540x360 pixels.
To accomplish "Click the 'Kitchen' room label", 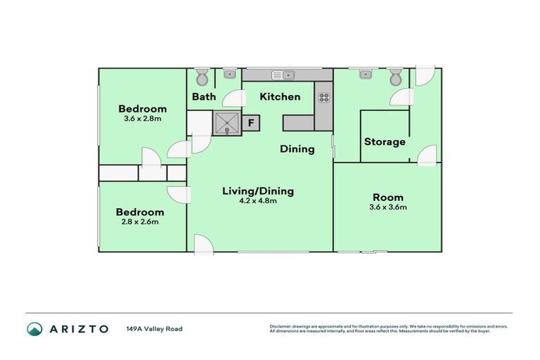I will tap(281, 97).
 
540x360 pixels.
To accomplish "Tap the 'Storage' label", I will tap(385, 142).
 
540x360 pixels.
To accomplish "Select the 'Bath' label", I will tap(204, 97).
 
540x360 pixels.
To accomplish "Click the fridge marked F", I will tap(251, 123).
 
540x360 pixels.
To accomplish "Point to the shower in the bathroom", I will tap(227, 123).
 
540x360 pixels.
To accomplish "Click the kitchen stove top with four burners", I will tap(325, 98).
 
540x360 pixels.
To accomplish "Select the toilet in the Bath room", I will tap(201, 75).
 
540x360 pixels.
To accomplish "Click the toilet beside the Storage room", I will tap(396, 75).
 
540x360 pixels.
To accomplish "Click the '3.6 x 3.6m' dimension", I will tap(388, 207).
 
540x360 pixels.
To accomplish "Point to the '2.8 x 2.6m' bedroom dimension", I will tap(140, 222).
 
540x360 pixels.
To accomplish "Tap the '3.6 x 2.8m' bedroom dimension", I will tap(143, 119).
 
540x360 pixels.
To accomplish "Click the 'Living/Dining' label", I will tap(258, 191).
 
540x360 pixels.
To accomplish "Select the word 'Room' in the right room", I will tap(388, 198).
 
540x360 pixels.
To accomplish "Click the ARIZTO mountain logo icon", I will tap(34, 329).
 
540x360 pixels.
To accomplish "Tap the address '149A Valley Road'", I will tap(154, 329).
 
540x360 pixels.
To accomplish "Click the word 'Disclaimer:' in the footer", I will tap(281, 326).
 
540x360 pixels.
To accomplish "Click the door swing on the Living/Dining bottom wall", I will tap(202, 244).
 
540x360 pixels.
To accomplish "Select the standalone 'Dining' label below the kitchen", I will tap(297, 149).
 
